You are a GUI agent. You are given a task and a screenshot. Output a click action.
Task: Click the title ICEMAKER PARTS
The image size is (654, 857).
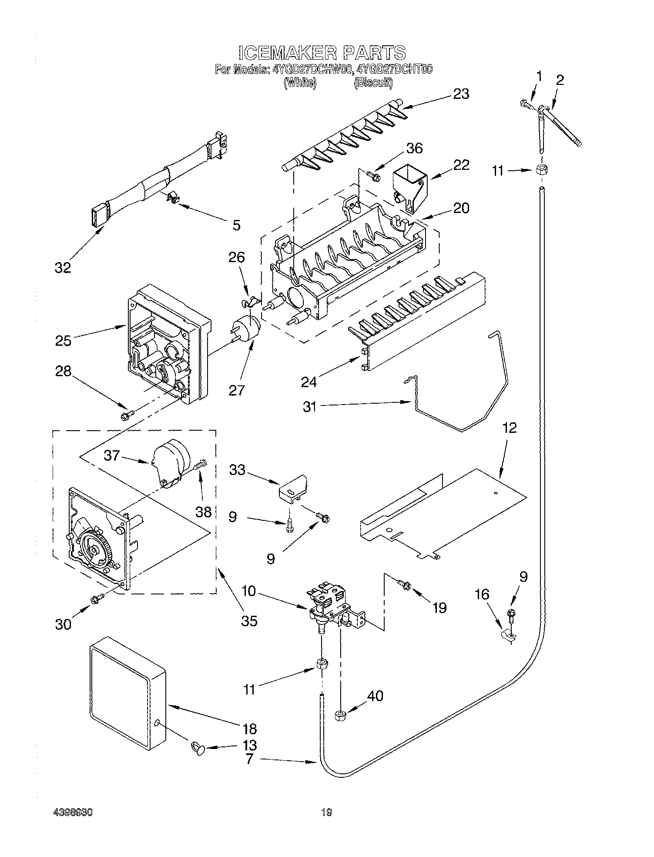click(322, 53)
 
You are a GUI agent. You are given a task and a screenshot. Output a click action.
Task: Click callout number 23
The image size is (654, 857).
click(461, 94)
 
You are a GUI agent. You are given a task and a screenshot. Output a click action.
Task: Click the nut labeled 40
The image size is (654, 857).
click(340, 715)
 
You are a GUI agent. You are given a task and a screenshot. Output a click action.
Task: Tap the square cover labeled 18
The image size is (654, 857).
click(126, 692)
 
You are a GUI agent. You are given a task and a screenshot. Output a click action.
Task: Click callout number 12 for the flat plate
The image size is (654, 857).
click(510, 428)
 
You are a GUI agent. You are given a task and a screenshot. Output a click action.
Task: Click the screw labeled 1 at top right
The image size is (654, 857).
click(525, 104)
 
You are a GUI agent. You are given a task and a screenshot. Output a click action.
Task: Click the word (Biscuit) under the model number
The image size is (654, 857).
click(373, 83)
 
